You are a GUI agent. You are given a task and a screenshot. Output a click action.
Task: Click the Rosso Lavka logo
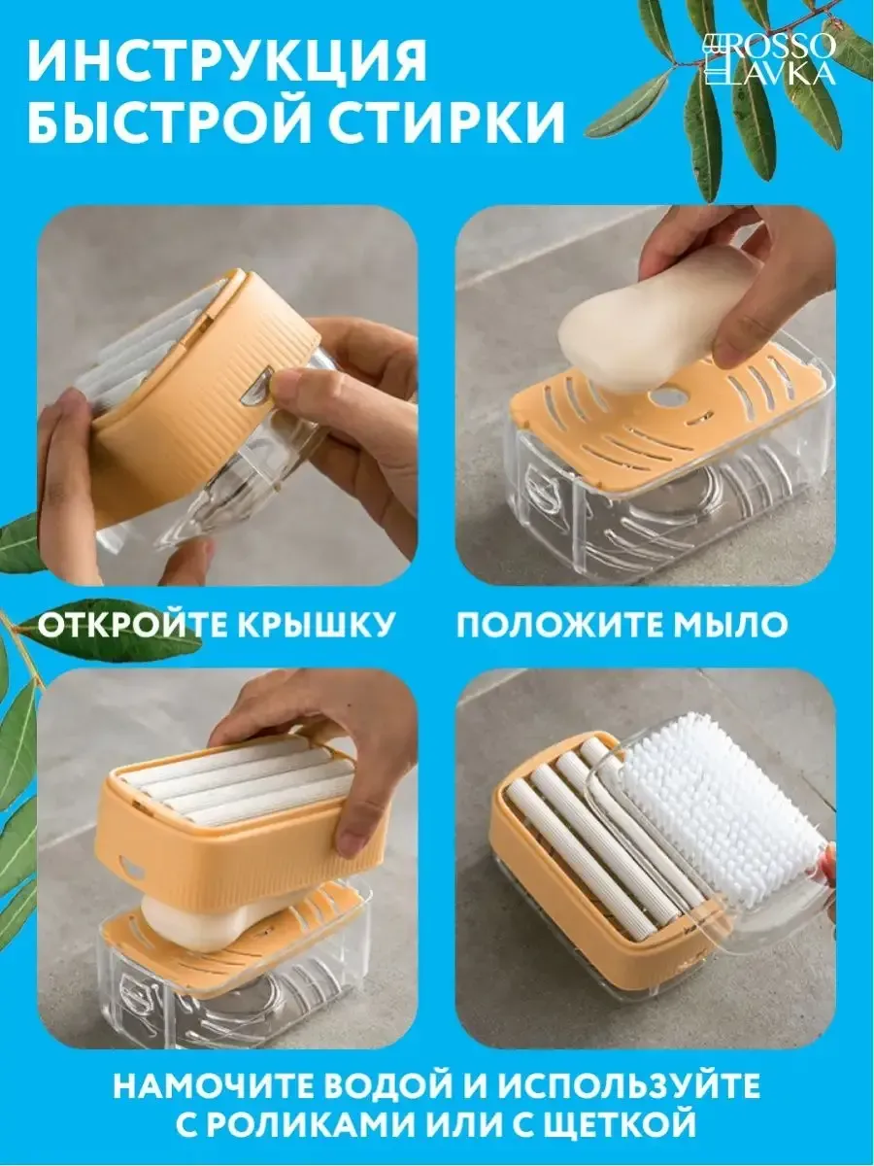(x=769, y=60)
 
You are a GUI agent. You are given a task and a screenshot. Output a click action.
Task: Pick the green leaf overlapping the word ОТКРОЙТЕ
(x=106, y=627)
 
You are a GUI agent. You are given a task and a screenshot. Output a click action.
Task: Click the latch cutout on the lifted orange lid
(x=131, y=871)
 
